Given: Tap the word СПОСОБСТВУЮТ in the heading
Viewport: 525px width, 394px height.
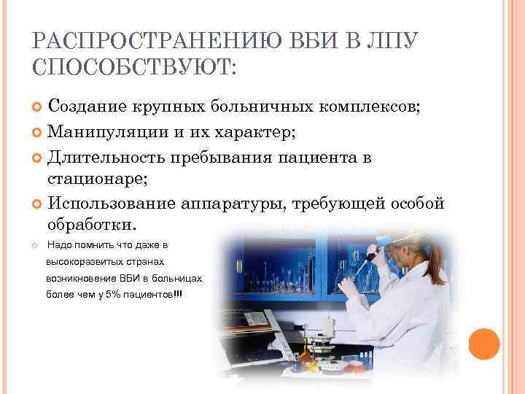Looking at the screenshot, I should tap(131, 69).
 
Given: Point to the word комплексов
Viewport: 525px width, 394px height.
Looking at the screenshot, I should tap(368, 107).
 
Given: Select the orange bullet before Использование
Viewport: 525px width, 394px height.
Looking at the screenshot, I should tap(39, 202).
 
